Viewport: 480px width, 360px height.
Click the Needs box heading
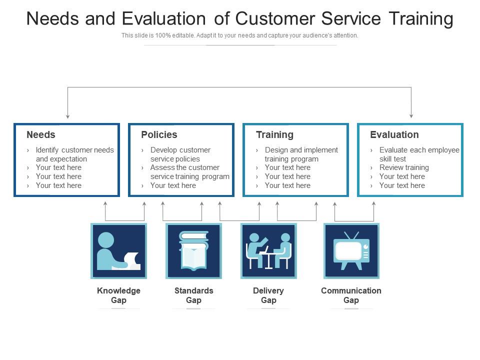tap(40, 134)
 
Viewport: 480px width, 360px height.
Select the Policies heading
tap(159, 134)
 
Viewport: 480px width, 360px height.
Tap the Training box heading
tap(274, 134)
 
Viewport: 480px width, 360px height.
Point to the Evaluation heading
tap(394, 134)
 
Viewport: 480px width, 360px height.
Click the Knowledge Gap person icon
tap(119, 251)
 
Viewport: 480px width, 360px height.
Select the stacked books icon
tap(194, 251)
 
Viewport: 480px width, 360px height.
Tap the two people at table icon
tap(269, 251)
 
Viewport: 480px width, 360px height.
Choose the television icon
tap(351, 251)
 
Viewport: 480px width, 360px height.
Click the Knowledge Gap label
tap(119, 295)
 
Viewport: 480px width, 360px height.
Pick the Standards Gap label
tap(194, 295)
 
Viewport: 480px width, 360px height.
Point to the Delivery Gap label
tap(268, 295)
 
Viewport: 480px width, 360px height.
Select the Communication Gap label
tap(351, 295)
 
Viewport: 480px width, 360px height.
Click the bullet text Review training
tap(404, 168)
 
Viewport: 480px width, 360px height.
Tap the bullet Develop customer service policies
tap(180, 154)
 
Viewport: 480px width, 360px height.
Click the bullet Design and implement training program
tap(301, 154)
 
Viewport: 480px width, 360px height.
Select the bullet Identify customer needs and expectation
tap(74, 154)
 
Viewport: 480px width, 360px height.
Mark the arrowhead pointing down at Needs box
tap(67, 116)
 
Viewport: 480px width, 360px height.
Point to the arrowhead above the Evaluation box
tap(411, 116)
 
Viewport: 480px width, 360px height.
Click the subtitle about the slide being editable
tap(239, 35)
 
